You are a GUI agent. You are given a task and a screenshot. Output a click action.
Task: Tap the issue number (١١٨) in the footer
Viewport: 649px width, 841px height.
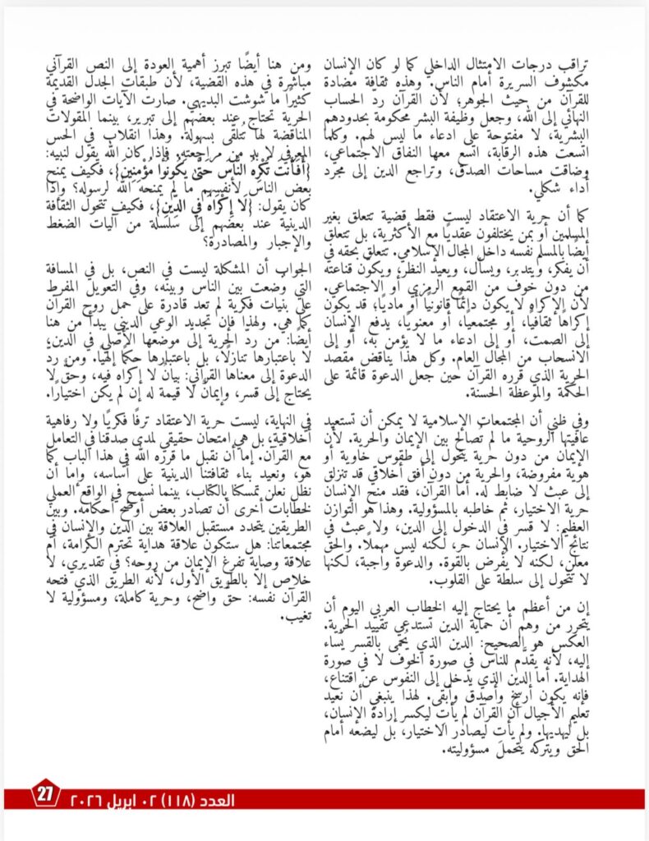tap(176, 798)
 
